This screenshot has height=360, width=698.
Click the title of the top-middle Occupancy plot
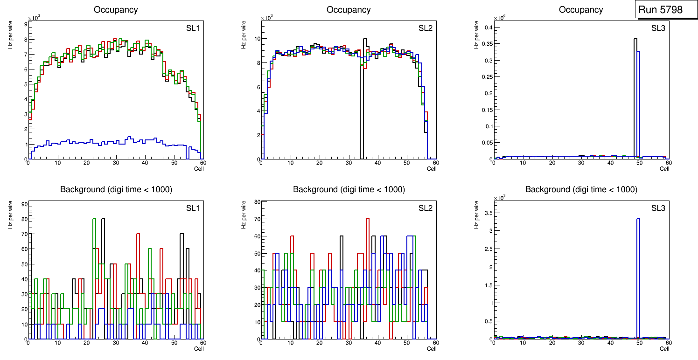349,10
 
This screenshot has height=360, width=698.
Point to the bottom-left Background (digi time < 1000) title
116,189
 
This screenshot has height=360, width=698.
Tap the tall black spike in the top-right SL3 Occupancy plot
635,93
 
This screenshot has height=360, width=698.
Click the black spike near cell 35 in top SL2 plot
365,93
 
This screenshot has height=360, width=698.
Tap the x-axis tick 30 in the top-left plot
116,163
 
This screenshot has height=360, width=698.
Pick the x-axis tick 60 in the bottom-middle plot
435,343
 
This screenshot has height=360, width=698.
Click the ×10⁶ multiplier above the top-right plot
500,18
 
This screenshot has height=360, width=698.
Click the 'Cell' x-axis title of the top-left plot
199,169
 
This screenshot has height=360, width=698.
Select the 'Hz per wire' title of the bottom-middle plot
244,214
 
